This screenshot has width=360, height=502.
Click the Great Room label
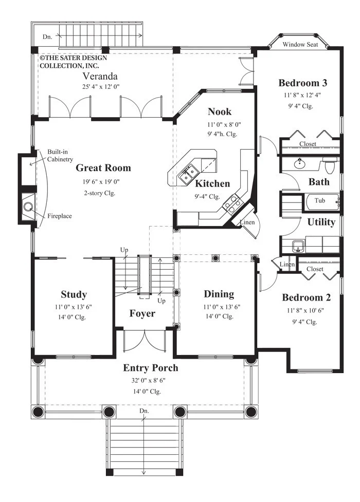[103, 168]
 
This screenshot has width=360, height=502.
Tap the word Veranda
[100, 76]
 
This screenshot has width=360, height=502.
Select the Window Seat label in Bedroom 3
[300, 45]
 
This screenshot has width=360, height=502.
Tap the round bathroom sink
[300, 164]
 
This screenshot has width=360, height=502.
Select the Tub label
[319, 200]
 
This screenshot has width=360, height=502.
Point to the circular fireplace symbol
[28, 207]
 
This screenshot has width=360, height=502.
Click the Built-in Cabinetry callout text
[60, 155]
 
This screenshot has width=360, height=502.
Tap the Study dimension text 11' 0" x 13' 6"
[73, 307]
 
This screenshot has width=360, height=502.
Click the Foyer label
[142, 313]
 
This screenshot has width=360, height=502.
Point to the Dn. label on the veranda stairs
[47, 37]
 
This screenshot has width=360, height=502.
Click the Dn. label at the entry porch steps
[144, 411]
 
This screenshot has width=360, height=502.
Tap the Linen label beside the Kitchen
[247, 222]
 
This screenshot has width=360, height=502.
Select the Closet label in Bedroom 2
[315, 269]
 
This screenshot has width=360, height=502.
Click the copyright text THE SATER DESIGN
[74, 58]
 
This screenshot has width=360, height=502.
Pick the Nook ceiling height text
[222, 134]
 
